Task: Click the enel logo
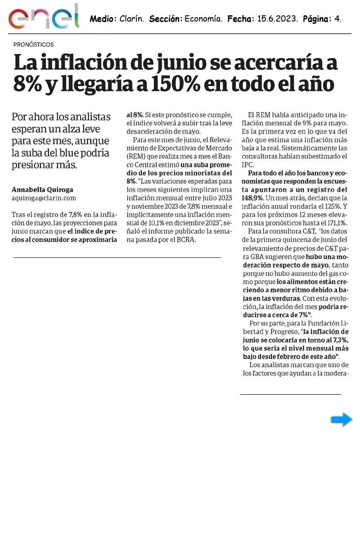pyautogui.click(x=44, y=17)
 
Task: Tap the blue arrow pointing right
pyautogui.click(x=341, y=419)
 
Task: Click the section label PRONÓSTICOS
pyautogui.click(x=34, y=45)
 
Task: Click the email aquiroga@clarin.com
pyautogui.click(x=44, y=198)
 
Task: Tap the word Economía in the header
pyautogui.click(x=203, y=19)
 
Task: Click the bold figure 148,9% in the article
pyautogui.click(x=254, y=198)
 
